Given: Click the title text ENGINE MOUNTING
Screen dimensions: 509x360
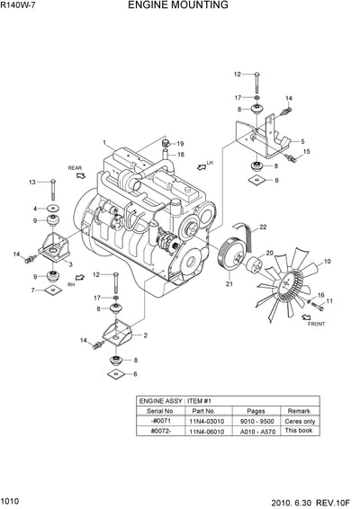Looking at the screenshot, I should (x=190, y=5).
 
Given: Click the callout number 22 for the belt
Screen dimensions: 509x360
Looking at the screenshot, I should (x=265, y=227).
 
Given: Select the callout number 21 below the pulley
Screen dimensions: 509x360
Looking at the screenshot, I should (x=229, y=284).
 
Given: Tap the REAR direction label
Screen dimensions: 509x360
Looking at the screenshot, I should (x=74, y=167).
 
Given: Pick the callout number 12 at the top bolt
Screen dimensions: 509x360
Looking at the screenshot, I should (x=238, y=75).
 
